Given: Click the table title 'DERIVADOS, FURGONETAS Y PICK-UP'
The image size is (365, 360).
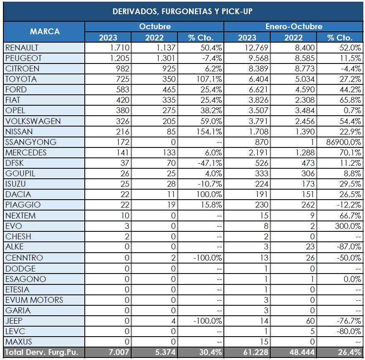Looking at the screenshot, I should tap(182, 11).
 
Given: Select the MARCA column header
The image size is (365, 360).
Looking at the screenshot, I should tap(45, 31).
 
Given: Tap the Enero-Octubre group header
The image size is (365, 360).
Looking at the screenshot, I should tap(294, 26).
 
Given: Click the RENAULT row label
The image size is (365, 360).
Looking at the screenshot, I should tap(22, 48).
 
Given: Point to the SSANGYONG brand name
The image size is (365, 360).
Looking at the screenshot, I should tap(31, 142).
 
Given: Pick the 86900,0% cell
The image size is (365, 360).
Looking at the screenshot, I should tap(342, 142).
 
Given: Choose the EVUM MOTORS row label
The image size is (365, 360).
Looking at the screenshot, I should tap(34, 300).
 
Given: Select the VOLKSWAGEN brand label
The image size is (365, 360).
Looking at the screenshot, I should tap(33, 121).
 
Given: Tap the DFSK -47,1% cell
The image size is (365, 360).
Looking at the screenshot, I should tap(206, 163).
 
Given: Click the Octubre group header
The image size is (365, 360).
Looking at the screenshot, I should tap(155, 26).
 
